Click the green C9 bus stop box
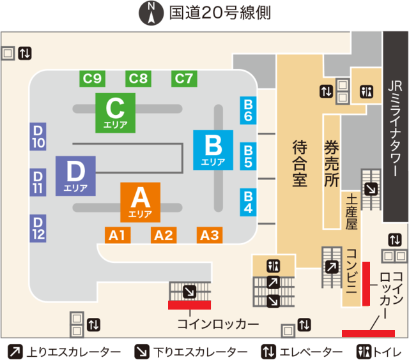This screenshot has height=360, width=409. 93,79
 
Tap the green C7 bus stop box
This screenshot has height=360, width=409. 184,79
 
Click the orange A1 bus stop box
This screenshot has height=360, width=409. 117,235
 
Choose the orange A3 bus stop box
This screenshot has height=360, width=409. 210,235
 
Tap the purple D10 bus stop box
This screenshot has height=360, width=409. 38,136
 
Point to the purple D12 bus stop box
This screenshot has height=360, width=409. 38,228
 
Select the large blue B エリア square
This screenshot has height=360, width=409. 213,149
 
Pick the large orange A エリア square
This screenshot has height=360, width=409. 141,201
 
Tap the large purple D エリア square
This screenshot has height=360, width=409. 75,175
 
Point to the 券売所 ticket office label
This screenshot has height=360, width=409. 331,163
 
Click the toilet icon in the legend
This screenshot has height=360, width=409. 364,351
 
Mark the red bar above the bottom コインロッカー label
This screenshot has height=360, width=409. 189,304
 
